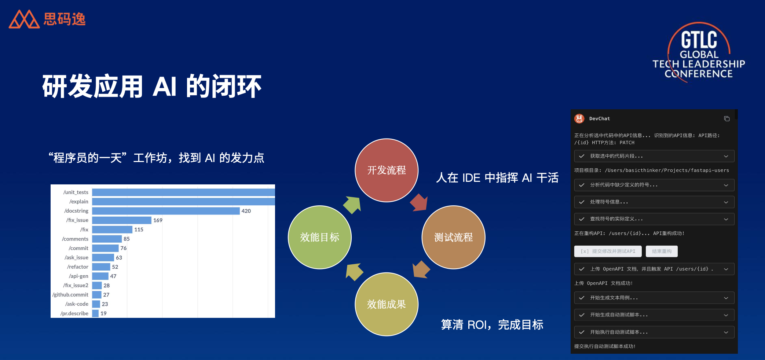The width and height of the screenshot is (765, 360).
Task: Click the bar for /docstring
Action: [166, 211]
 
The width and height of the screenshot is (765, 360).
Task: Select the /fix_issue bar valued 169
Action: [122, 220]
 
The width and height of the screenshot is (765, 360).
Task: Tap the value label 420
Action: [246, 211]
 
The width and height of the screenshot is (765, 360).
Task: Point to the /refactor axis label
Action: [78, 267]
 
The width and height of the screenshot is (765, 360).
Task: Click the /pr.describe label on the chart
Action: [74, 313]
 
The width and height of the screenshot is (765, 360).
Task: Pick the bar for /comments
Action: [107, 239]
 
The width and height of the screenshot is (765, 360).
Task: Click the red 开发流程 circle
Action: [387, 170]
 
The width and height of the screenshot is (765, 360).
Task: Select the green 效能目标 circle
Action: [320, 237]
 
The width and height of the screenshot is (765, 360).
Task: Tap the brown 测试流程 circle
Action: [454, 237]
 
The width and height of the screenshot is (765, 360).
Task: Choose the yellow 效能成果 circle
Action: [387, 304]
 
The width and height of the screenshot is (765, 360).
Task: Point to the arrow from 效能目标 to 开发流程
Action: [352, 205]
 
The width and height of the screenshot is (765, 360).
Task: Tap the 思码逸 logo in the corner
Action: [47, 19]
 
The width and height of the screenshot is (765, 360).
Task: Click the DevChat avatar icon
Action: [579, 118]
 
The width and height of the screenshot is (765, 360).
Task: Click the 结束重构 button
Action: [662, 251]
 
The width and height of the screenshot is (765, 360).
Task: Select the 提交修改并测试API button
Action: [608, 251]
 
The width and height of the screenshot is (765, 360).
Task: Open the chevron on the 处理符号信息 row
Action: [726, 202]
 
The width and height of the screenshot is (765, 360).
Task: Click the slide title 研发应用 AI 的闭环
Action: [152, 87]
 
